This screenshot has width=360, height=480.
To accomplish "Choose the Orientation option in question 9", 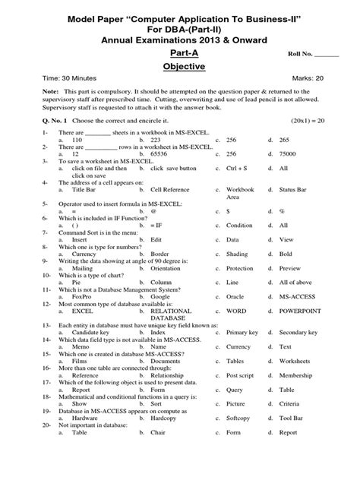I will tap(168, 268).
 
